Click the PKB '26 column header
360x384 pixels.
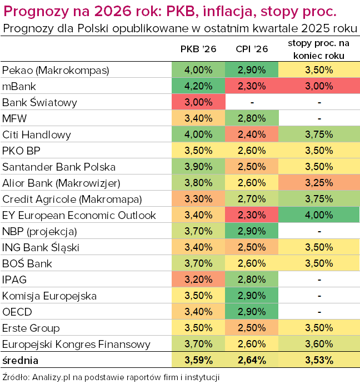click(x=198, y=49)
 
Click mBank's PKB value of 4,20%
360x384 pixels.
click(x=198, y=86)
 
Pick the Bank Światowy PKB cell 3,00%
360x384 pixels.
click(x=198, y=102)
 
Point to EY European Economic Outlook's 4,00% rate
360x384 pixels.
click(x=319, y=215)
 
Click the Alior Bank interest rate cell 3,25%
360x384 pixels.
click(x=319, y=183)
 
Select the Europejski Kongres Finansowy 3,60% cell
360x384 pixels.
click(x=319, y=344)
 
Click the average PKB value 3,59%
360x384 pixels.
click(x=198, y=360)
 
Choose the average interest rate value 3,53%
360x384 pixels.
click(x=319, y=360)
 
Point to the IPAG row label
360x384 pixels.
click(x=14, y=280)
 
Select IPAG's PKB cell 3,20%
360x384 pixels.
click(x=198, y=280)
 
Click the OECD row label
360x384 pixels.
click(x=16, y=312)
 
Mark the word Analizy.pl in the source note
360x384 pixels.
click(x=51, y=376)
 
